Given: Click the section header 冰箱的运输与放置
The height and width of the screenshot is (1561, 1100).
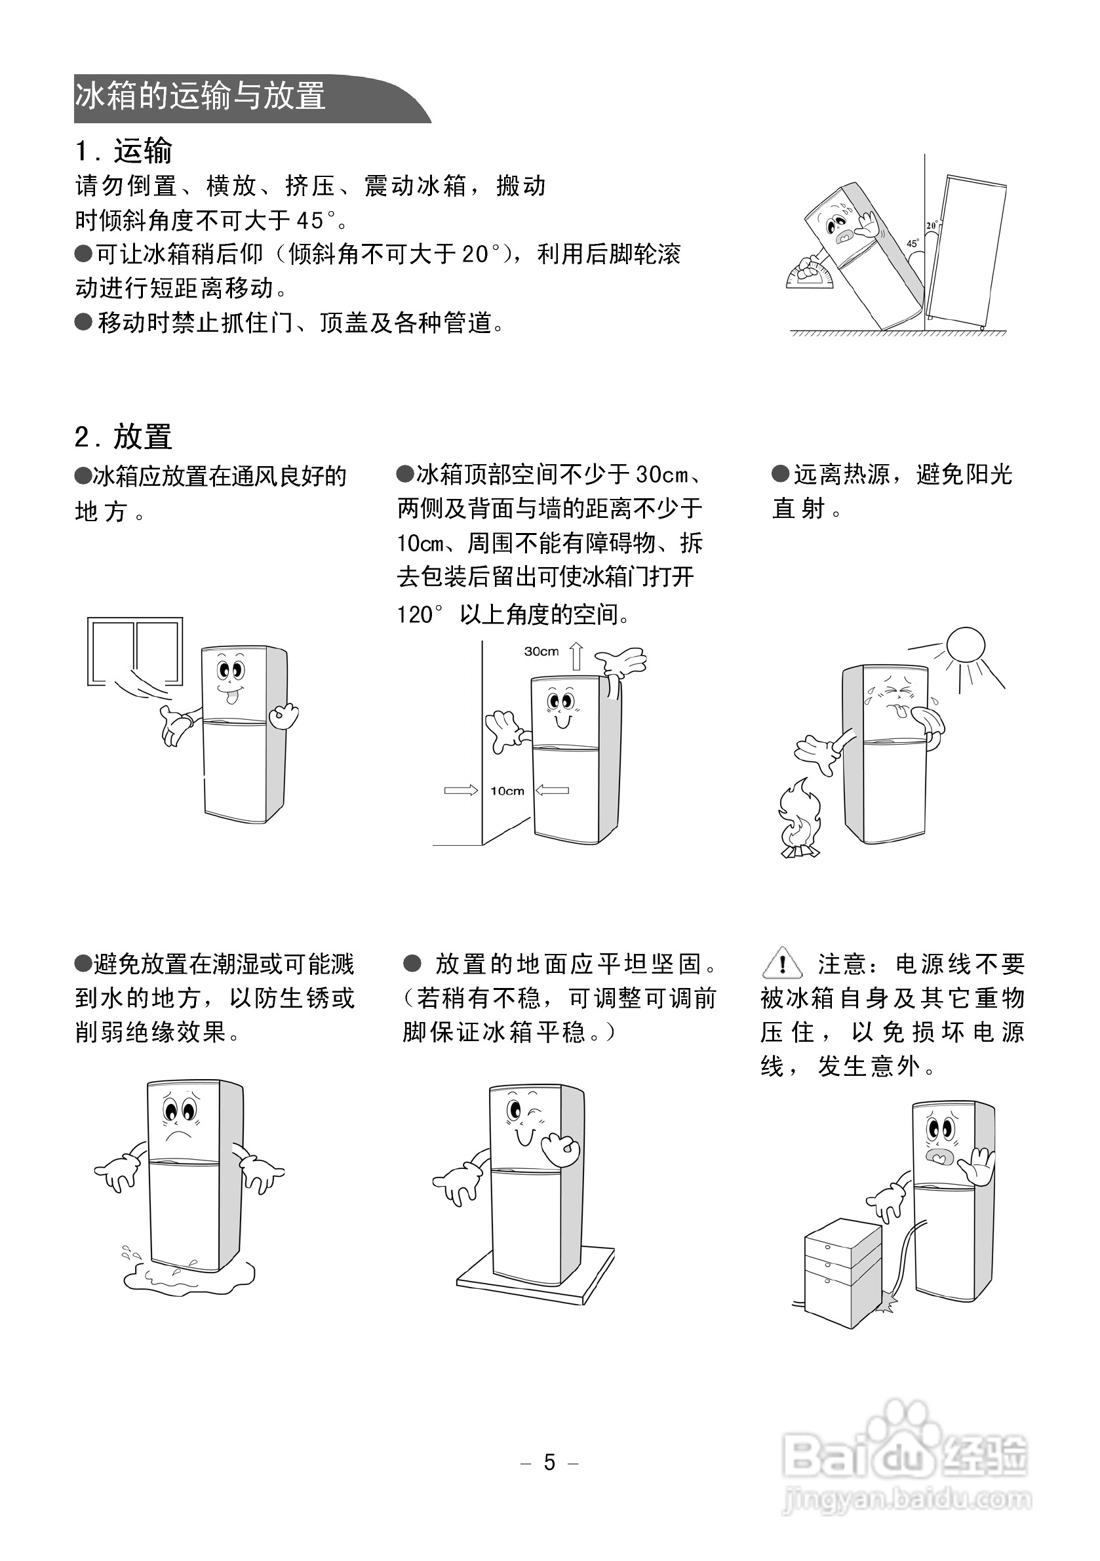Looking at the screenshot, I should point(200,96).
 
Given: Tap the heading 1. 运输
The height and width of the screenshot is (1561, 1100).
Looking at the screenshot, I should point(124,151).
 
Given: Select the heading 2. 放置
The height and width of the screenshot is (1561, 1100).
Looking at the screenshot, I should point(124,437).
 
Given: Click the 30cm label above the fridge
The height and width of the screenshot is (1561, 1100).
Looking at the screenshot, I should point(541,651).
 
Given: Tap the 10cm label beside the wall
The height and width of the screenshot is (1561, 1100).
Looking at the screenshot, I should point(507,791).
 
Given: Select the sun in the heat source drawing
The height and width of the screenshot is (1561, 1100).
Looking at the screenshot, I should point(966,644).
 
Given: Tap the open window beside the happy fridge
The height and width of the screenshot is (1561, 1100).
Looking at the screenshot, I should point(135,651).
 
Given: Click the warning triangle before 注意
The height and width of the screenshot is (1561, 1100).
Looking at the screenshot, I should point(783,963).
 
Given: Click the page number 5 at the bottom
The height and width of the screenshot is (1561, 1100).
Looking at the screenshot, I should point(549,1462).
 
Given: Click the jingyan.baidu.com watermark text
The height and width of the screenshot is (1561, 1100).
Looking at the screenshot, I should point(908,1499).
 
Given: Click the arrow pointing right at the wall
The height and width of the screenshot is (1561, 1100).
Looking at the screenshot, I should point(460,790).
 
